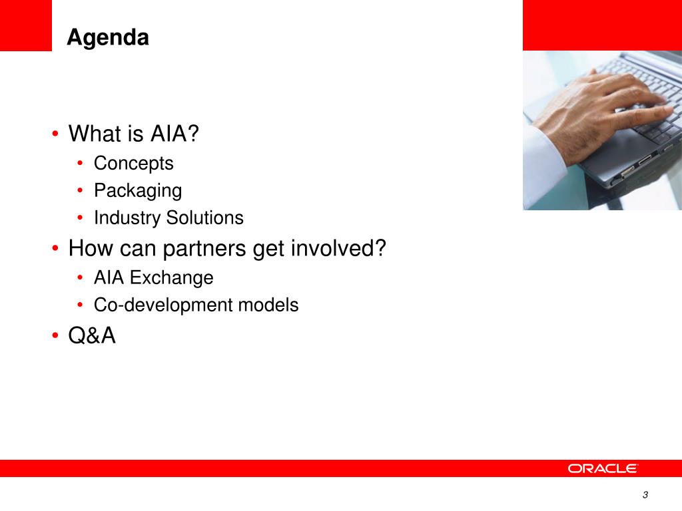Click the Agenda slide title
click(x=108, y=38)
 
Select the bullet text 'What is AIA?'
click(x=133, y=133)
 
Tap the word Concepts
click(x=133, y=164)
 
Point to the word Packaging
click(x=138, y=191)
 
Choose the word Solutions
click(x=205, y=218)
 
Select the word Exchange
click(x=171, y=278)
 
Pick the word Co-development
click(x=163, y=305)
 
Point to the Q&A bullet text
click(x=92, y=335)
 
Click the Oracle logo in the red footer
click(x=602, y=468)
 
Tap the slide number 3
click(x=645, y=495)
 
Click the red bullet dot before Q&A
click(x=55, y=335)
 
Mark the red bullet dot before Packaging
click(x=80, y=190)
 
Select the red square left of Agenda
click(x=26, y=26)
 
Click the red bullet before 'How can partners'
click(x=55, y=249)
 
